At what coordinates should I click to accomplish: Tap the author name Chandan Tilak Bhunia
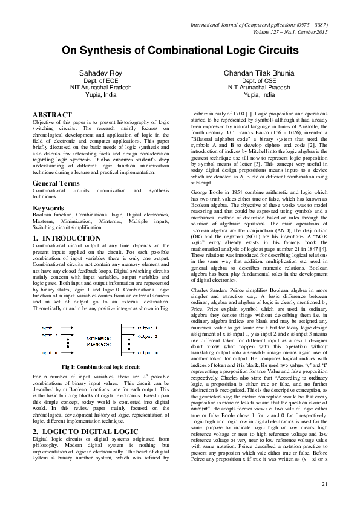[x=258, y=73]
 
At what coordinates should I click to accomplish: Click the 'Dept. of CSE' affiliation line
[x=258, y=80]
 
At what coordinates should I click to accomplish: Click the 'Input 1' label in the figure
[x=48, y=328]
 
